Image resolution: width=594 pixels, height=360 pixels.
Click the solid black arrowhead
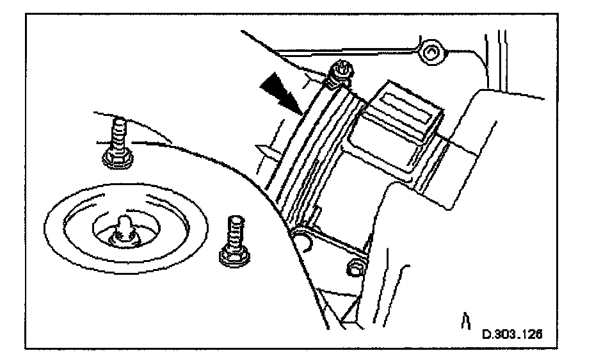click(279, 87)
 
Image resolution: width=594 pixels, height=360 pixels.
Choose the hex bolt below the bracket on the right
click(352, 268)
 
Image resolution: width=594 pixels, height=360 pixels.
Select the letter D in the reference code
click(486, 334)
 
